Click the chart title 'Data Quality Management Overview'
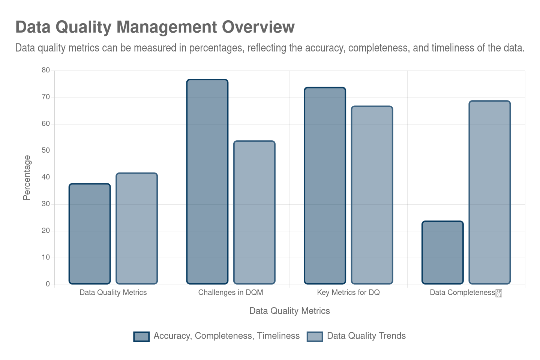[155, 27]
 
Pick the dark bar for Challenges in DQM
[207, 181]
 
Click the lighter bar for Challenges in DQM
[254, 212]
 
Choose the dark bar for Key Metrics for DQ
[325, 186]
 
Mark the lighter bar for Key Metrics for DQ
[372, 195]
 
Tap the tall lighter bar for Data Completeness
[490, 192]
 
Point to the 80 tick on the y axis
[46, 70]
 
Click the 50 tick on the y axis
[46, 150]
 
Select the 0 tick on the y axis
[48, 284]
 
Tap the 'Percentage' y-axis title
[27, 177]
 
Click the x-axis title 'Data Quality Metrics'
[289, 311]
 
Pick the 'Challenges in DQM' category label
[231, 292]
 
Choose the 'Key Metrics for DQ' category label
[348, 292]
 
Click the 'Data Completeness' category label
[462, 292]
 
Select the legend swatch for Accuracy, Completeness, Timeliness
[141, 336]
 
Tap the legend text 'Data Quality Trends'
[366, 336]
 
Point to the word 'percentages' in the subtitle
[216, 48]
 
